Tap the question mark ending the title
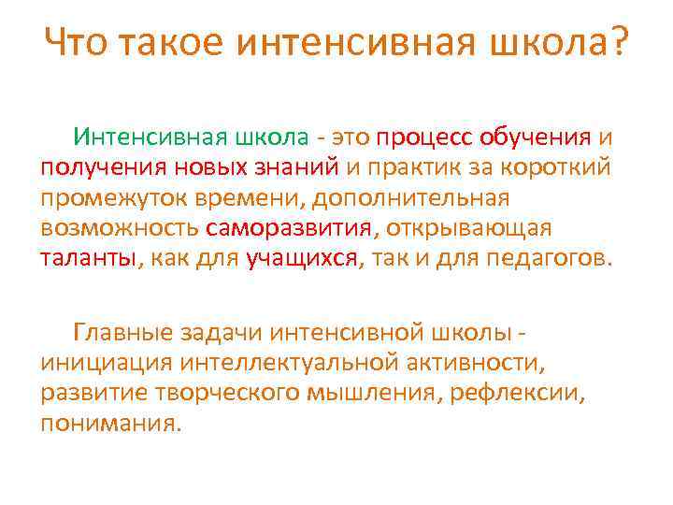[x=618, y=42]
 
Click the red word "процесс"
[x=425, y=137]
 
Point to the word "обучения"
[x=536, y=137]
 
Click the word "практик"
[x=437, y=168]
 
